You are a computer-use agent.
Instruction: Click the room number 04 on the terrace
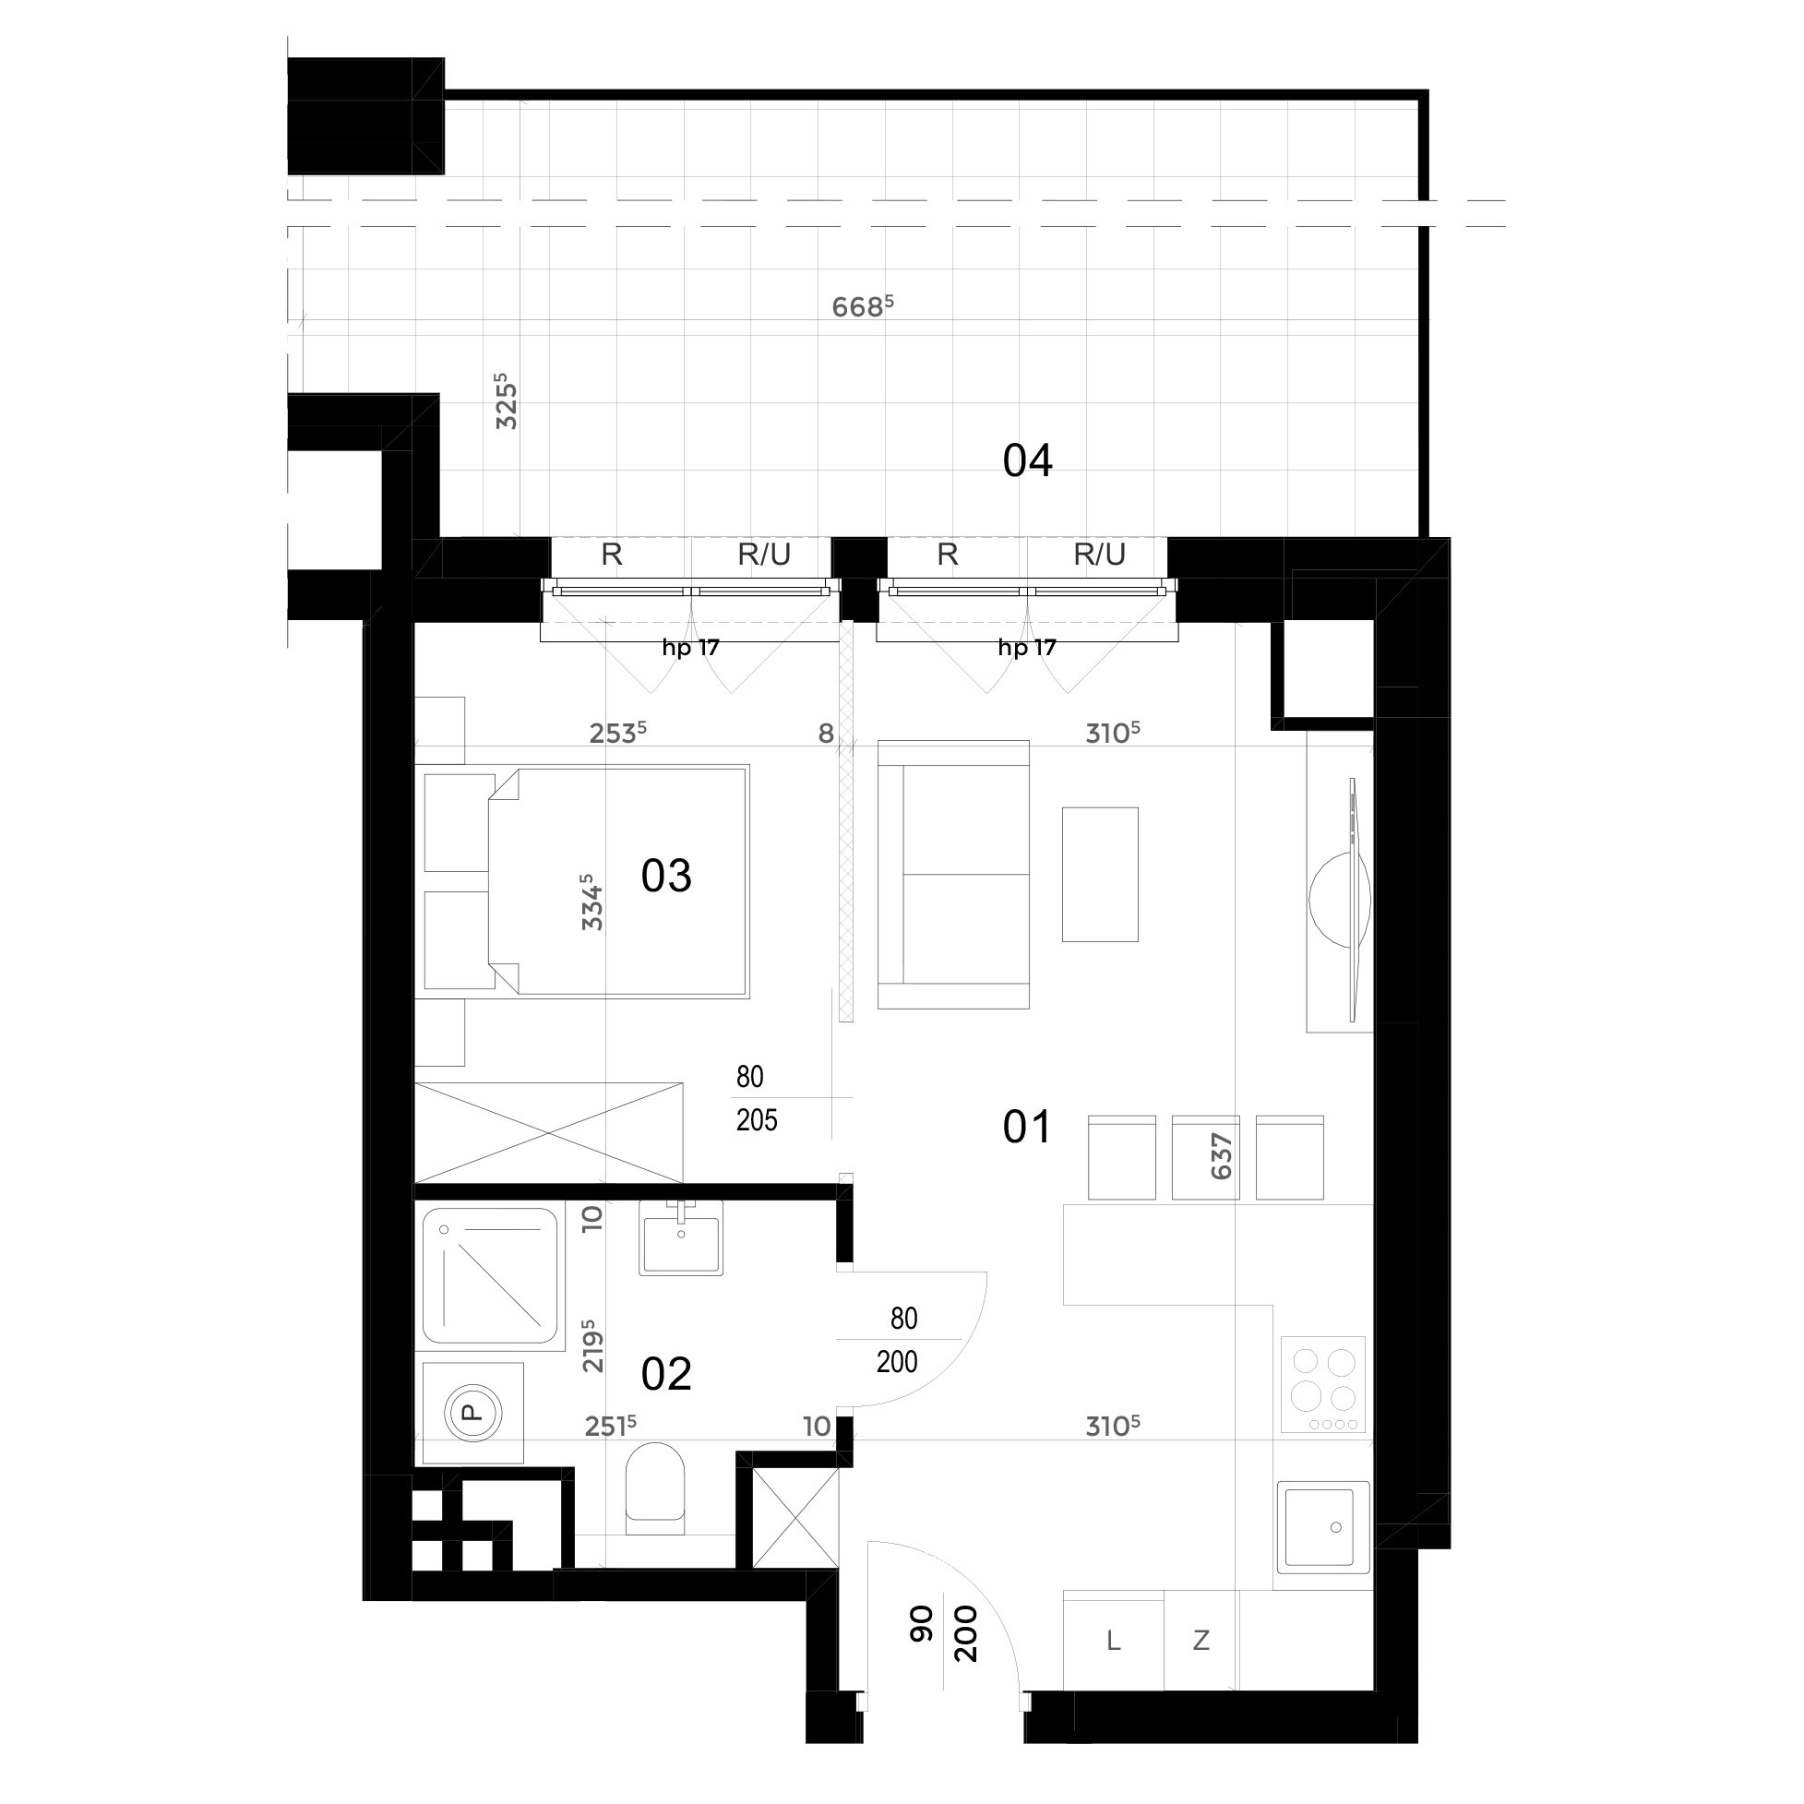pos(1027,461)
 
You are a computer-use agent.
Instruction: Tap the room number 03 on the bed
pos(665,876)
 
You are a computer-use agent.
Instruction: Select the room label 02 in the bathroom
pos(665,1375)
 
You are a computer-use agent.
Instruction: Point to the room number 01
pos(1027,1128)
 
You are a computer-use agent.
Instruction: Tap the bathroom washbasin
pos(681,1238)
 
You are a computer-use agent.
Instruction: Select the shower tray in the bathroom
pos(490,1277)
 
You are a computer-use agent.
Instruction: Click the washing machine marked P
pos(473,1413)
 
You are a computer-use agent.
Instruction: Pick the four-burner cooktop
pos(1323,1385)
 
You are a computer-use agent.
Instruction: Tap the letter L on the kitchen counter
pos(1113,1641)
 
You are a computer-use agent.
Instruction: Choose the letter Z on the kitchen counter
pos(1201,1641)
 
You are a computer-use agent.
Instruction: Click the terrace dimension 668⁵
pos(863,306)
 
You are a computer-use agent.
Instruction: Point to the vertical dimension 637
pos(1222,1157)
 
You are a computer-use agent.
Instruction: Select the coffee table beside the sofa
pos(1100,875)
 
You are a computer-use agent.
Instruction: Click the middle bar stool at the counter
pos(1205,1157)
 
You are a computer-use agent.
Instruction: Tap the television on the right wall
pos(1353,900)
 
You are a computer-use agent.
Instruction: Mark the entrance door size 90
pos(921,1625)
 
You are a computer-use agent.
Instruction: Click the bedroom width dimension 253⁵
pos(617,733)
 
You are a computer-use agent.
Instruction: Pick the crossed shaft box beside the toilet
pos(794,1519)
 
